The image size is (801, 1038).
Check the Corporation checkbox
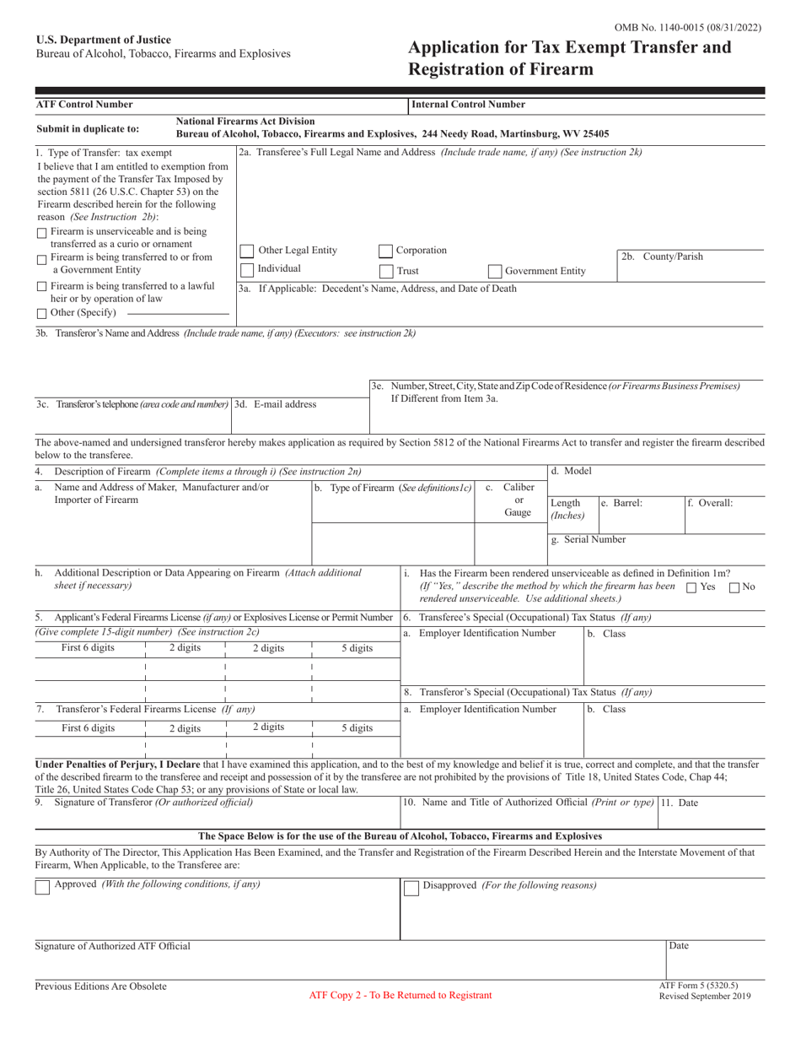click(386, 251)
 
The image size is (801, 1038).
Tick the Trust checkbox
click(386, 271)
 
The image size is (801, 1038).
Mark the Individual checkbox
click(247, 269)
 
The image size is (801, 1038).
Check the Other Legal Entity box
click(247, 251)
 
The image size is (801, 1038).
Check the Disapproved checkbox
click(411, 887)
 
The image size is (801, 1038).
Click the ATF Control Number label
click(83, 105)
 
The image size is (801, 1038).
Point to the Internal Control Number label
click(468, 105)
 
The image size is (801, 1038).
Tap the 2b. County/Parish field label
click(661, 256)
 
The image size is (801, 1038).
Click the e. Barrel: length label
click(621, 503)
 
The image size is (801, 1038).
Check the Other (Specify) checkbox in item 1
click(42, 314)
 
